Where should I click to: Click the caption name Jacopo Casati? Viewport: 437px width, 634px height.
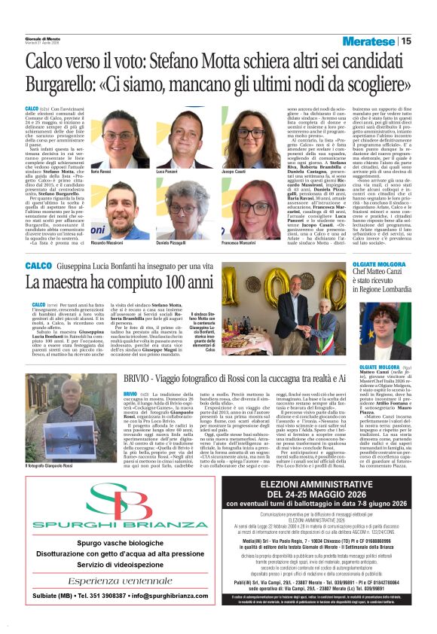(x=234, y=173)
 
